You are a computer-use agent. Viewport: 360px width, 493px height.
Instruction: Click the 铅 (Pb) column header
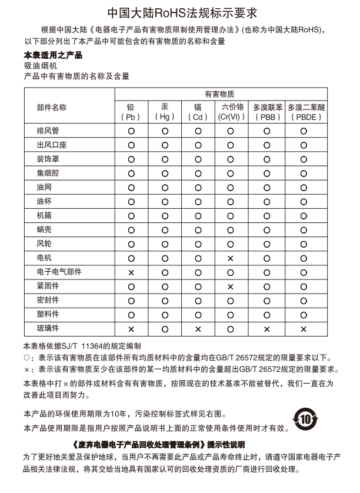point(131,112)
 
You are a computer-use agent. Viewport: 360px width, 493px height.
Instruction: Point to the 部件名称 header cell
point(52,107)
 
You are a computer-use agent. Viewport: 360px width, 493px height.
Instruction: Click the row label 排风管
point(48,131)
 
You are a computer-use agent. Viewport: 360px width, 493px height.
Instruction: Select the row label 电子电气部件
point(59,272)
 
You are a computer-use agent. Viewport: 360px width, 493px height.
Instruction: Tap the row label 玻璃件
point(48,328)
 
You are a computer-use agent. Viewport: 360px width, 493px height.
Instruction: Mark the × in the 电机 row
point(230,258)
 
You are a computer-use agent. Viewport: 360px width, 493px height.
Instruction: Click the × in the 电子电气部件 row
point(131,272)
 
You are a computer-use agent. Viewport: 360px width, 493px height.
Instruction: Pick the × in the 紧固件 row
point(230,286)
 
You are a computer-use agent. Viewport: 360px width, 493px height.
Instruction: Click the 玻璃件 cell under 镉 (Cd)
point(198,328)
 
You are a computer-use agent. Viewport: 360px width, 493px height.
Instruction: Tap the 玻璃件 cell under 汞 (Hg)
point(165,328)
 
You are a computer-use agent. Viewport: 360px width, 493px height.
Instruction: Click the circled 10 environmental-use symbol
point(305,419)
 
